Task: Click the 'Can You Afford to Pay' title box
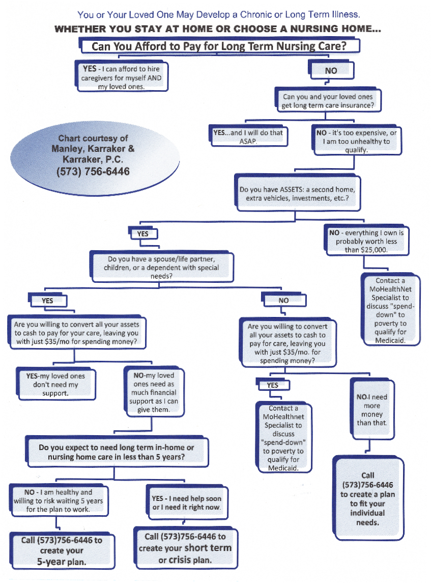coord(219,46)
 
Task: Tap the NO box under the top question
coord(331,70)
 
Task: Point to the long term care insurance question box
coord(328,101)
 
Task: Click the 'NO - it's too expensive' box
coord(356,141)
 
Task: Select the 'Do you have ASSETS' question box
coord(297,193)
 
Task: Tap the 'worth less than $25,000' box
coord(366,242)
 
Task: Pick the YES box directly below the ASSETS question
coord(143,234)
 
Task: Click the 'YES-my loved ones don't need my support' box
coord(55,384)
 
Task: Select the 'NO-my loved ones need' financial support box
coord(153,392)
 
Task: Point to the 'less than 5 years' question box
coord(116,452)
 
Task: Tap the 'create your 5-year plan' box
coord(62,550)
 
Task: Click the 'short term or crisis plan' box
coord(185,548)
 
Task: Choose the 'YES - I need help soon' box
coord(186,503)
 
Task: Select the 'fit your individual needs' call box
coord(367,499)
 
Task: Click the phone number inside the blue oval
coord(93,172)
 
